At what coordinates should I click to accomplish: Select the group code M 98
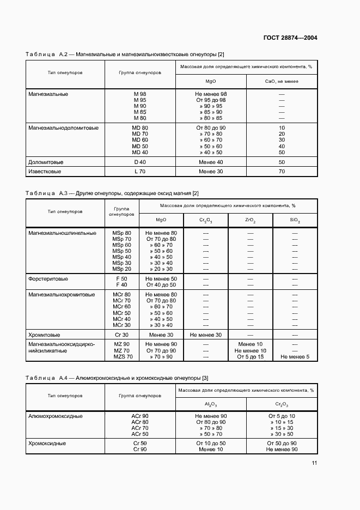coord(140,94)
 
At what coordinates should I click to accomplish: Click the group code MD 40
coord(140,152)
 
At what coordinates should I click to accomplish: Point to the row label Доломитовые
coord(46,162)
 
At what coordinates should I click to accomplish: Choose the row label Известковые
coord(45,172)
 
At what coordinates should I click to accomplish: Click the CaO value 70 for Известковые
coord(282,172)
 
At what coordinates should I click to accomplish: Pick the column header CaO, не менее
coord(282,81)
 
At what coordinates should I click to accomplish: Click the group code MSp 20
coord(121,269)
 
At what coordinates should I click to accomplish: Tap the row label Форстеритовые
coord(48,278)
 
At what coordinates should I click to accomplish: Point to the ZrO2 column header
coord(250,220)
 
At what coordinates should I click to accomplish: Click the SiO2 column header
coord(295,220)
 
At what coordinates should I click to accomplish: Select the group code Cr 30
coord(121,335)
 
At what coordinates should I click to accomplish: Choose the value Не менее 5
coord(295,357)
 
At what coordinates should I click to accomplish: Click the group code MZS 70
coord(122,357)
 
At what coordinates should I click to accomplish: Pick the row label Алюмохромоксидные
coord(56,416)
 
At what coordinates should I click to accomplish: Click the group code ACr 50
coord(140,434)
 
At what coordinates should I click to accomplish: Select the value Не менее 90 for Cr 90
coord(282,450)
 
